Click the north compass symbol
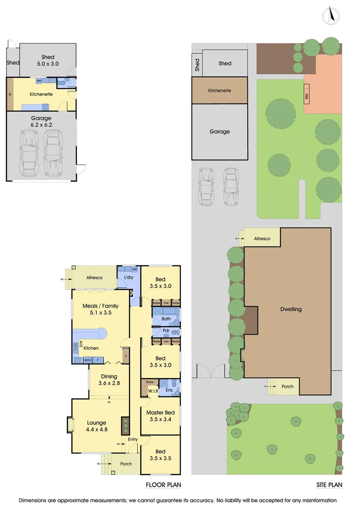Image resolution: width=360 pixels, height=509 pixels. click(331, 16)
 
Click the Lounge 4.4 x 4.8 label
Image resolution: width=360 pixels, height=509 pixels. click(96, 426)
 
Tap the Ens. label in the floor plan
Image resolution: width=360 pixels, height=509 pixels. click(169, 391)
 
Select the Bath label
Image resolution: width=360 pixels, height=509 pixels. click(165, 319)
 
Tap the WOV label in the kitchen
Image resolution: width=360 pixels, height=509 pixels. click(87, 361)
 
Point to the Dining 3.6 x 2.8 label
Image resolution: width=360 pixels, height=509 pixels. click(109, 380)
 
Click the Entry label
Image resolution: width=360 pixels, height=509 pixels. click(132, 440)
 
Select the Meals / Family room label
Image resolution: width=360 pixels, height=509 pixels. click(100, 309)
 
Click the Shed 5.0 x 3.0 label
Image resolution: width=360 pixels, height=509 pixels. click(48, 60)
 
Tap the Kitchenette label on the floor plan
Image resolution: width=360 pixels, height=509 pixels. click(41, 94)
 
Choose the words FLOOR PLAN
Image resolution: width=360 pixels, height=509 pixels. click(163, 484)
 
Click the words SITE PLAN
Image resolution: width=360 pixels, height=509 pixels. click(329, 484)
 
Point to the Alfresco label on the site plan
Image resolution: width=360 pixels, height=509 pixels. click(262, 239)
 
